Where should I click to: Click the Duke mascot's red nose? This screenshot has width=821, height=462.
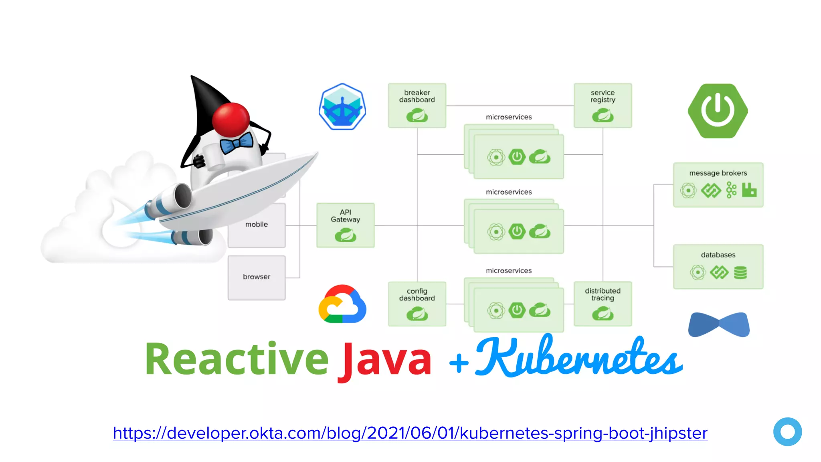pos(231,119)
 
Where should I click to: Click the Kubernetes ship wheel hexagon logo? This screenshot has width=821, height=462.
pos(342,107)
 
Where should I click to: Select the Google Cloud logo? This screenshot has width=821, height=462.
pos(342,304)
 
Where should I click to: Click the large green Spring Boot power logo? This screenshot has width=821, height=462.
pos(718,111)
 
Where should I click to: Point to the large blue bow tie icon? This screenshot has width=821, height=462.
pos(719,324)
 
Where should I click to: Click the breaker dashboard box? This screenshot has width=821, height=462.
pos(417,105)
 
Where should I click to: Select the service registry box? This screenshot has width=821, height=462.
pos(603,105)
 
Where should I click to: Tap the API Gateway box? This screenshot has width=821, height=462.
pos(346,225)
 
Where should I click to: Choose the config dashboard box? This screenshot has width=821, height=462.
pos(417,304)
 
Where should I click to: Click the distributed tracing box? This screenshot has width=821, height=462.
pos(603,304)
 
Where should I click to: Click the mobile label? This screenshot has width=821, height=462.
pos(257,225)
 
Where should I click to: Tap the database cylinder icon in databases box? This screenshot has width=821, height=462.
pos(740,273)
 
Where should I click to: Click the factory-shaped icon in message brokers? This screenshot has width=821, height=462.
pos(749,190)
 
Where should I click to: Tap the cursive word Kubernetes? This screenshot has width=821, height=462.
pos(577,357)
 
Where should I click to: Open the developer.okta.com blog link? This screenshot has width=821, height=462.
pos(410,433)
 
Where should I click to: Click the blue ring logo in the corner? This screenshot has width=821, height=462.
pos(787,432)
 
